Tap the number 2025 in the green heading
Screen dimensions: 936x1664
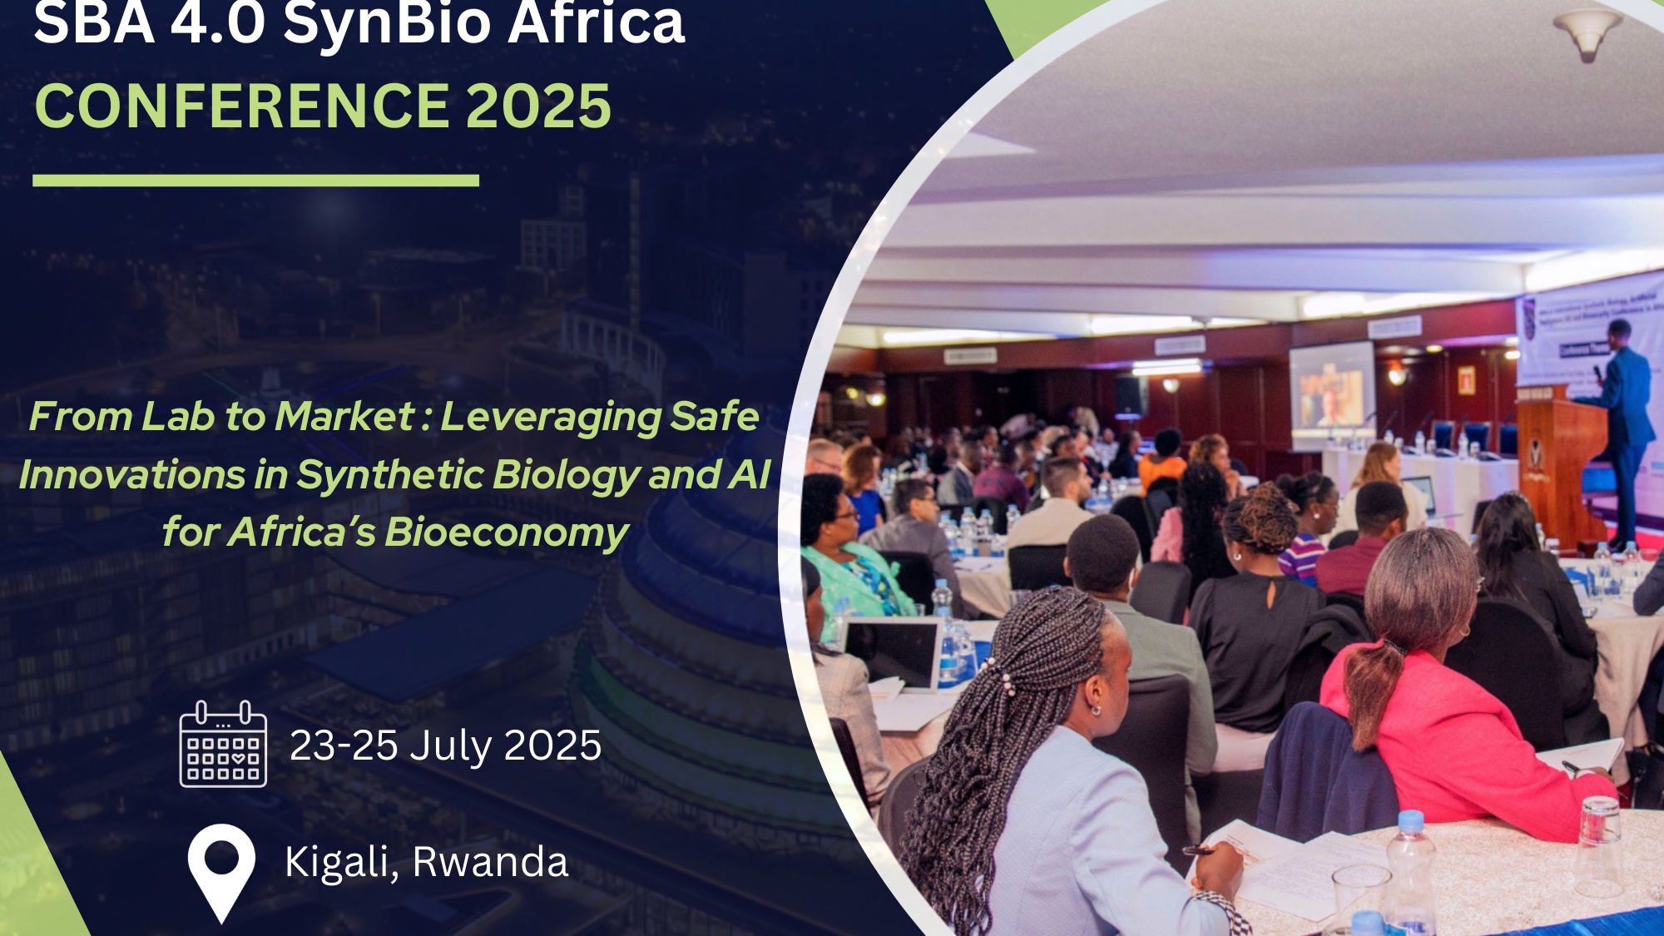coord(538,106)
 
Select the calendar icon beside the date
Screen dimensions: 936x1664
coord(223,745)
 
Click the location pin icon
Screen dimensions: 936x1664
coord(221,869)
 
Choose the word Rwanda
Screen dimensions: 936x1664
coord(491,862)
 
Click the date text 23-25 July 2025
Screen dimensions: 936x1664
coord(445,745)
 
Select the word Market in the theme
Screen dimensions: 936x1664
coord(344,416)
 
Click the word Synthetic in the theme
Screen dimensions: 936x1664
coord(391,474)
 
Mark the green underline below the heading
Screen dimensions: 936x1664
coord(255,181)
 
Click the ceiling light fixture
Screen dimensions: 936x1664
coord(1587,32)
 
